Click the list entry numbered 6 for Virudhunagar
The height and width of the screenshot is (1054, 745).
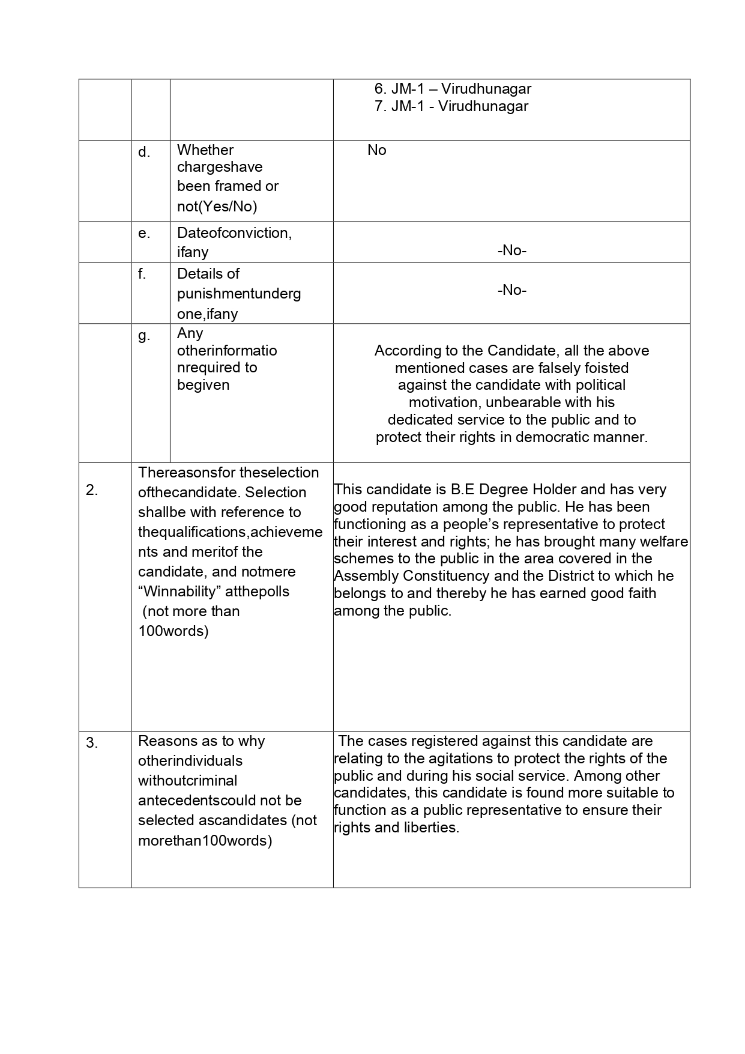point(453,89)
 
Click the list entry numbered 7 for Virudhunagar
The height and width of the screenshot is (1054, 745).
point(451,106)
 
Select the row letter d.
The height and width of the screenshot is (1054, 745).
point(144,153)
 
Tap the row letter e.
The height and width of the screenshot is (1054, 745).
point(144,233)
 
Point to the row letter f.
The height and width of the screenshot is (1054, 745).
point(142,274)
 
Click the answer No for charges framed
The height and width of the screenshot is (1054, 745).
point(377,150)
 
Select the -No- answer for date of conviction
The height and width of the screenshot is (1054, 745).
point(511,250)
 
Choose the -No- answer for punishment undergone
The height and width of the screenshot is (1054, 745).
point(511,290)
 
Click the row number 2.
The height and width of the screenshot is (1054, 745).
point(92,490)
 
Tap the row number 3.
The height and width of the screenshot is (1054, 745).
point(92,744)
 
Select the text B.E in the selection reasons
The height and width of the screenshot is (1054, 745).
point(460,489)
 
